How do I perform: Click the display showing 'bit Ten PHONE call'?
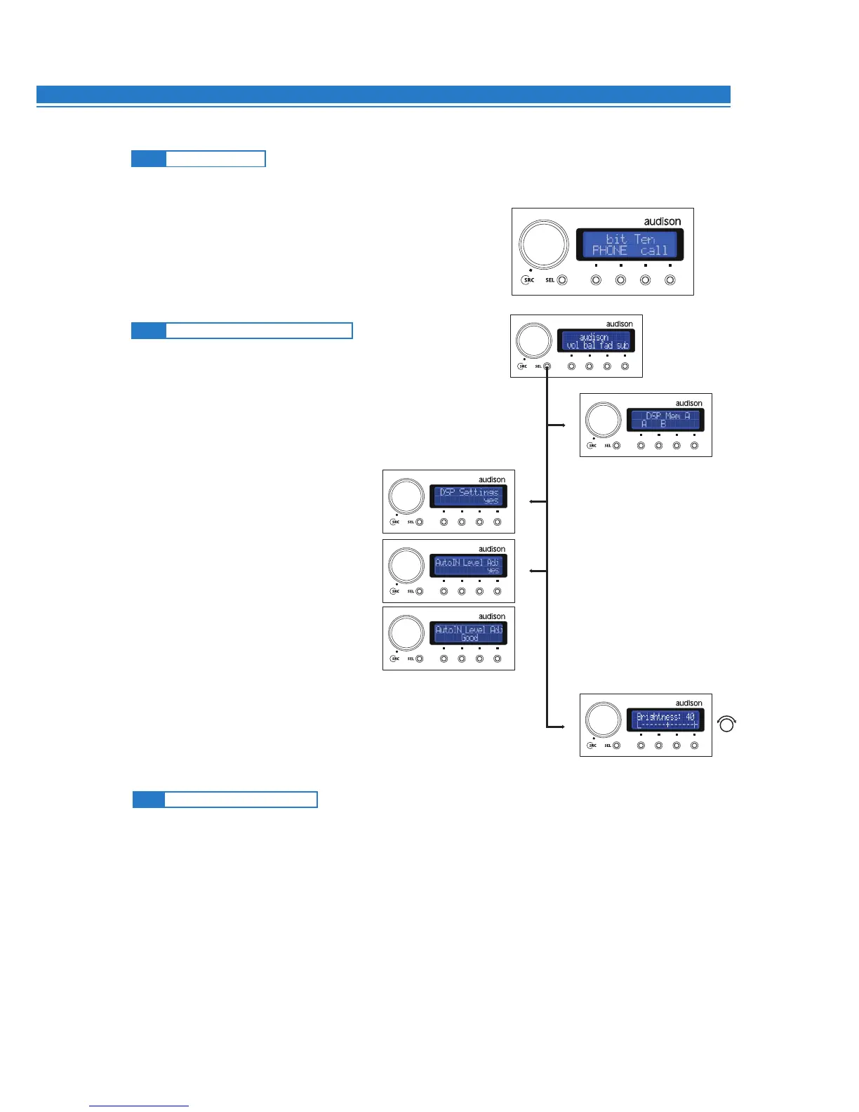click(630, 245)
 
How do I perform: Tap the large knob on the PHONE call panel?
click(543, 244)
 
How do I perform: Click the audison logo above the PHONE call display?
click(662, 222)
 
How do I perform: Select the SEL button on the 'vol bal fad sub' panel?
click(547, 366)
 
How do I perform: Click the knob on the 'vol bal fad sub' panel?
click(533, 340)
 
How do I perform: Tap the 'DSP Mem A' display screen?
click(665, 421)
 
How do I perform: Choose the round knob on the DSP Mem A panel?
click(603, 420)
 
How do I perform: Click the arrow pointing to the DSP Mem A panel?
click(559, 425)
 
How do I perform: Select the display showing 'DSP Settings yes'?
click(468, 496)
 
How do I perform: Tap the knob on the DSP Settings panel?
click(406, 496)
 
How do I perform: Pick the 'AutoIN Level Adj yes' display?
click(468, 566)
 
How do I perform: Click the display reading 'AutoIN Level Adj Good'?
click(468, 633)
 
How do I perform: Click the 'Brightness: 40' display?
click(665, 720)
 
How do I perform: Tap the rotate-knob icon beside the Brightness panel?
click(727, 724)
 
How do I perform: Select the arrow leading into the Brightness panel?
click(559, 727)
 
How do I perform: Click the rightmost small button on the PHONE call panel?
click(670, 280)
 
